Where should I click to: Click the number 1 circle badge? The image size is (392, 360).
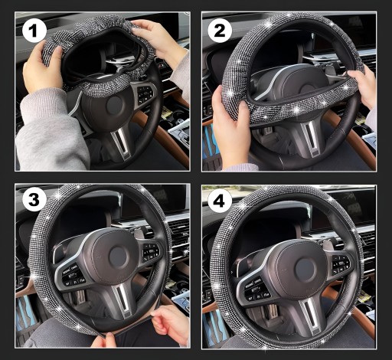point(34,31)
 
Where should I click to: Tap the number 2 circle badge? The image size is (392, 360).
point(220,31)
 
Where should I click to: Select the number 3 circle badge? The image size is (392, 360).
point(34,199)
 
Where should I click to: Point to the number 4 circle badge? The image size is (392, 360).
point(220,201)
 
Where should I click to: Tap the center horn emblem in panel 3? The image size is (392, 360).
point(118,256)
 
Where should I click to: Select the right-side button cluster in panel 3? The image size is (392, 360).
point(151,253)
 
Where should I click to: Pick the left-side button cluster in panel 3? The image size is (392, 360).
point(73,276)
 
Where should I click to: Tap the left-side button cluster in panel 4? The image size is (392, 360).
point(257,289)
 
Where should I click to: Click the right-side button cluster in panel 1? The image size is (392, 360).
point(145,95)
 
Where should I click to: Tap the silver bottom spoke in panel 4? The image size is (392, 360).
point(312,316)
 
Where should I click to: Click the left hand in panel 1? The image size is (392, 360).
point(42,67)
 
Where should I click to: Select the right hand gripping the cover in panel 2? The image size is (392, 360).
point(362,84)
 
